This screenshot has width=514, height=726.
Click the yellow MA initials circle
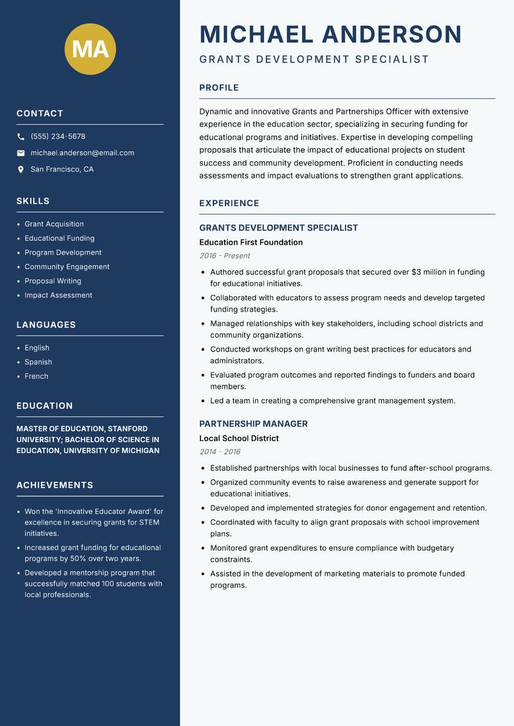[90, 49]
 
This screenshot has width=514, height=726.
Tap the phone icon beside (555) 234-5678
[21, 137]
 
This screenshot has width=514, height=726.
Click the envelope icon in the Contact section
[21, 153]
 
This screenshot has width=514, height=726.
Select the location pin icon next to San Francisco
[21, 170]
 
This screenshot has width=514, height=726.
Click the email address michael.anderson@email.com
[82, 153]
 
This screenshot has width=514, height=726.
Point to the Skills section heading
[33, 201]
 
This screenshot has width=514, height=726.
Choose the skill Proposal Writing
[53, 281]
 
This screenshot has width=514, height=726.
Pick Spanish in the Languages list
[38, 362]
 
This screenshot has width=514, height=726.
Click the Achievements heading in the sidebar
[55, 485]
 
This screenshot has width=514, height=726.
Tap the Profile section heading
[218, 88]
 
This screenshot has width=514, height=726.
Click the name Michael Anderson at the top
[330, 35]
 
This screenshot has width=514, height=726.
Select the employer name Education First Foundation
[251, 242]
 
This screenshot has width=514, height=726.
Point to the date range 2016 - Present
[224, 256]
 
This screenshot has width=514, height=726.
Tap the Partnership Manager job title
[253, 424]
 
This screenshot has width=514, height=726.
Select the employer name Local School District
[238, 438]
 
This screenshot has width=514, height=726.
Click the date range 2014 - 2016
[220, 452]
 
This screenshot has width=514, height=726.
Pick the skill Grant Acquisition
[54, 224]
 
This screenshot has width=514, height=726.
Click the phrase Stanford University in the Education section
[82, 434]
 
